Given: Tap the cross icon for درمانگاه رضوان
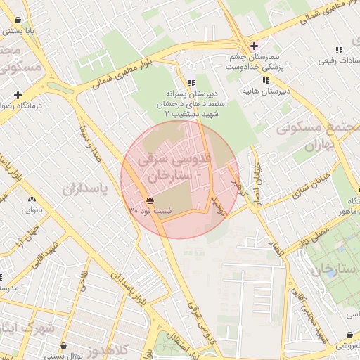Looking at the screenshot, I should [x=18, y=95].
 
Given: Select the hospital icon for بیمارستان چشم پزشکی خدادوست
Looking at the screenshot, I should [x=254, y=46].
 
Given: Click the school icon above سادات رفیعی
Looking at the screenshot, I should [x=338, y=50].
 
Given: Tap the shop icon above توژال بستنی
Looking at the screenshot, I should [x=65, y=346].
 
